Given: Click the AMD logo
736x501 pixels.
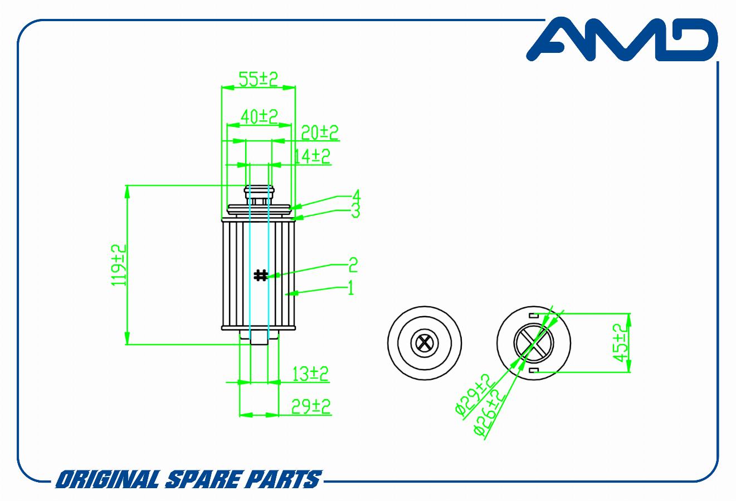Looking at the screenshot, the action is click(622, 39).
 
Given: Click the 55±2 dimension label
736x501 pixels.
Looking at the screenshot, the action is click(259, 79).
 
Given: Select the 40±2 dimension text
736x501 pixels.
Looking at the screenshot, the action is click(259, 116).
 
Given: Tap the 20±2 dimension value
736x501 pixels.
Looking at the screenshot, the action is click(320, 132).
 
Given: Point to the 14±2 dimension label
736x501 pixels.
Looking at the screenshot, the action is click(311, 156).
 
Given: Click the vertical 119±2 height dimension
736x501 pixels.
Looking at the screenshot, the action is click(119, 266).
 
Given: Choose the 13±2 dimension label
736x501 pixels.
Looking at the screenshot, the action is click(310, 374).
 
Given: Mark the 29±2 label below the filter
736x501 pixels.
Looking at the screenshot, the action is click(311, 406).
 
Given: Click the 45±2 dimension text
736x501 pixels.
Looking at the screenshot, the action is click(621, 343).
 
